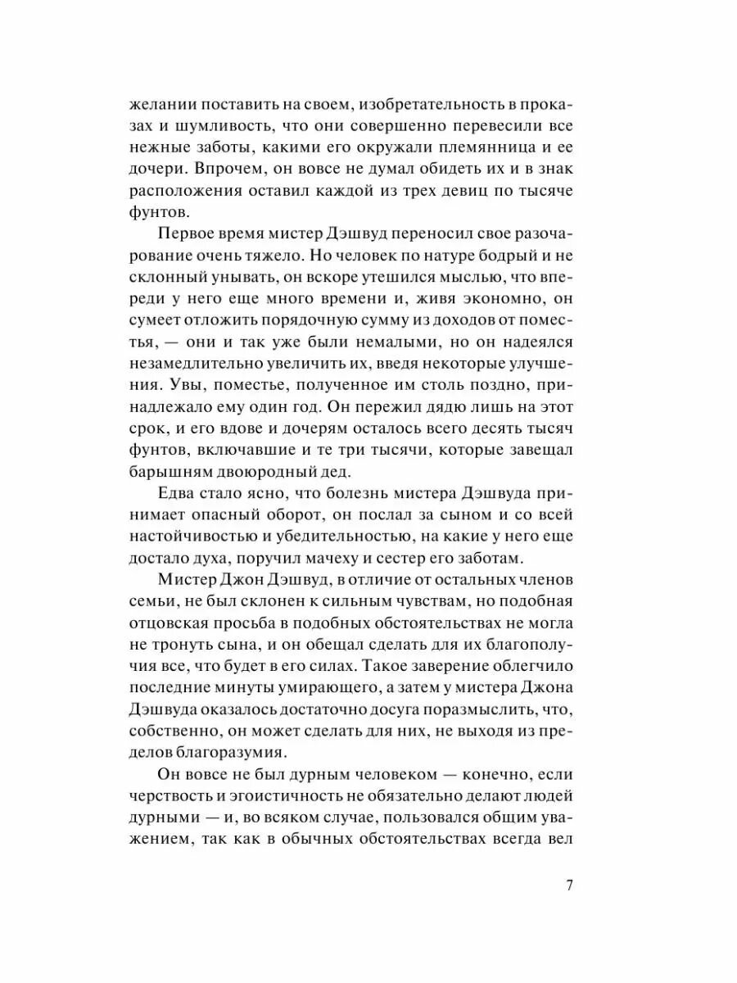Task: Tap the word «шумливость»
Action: coord(231,126)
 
